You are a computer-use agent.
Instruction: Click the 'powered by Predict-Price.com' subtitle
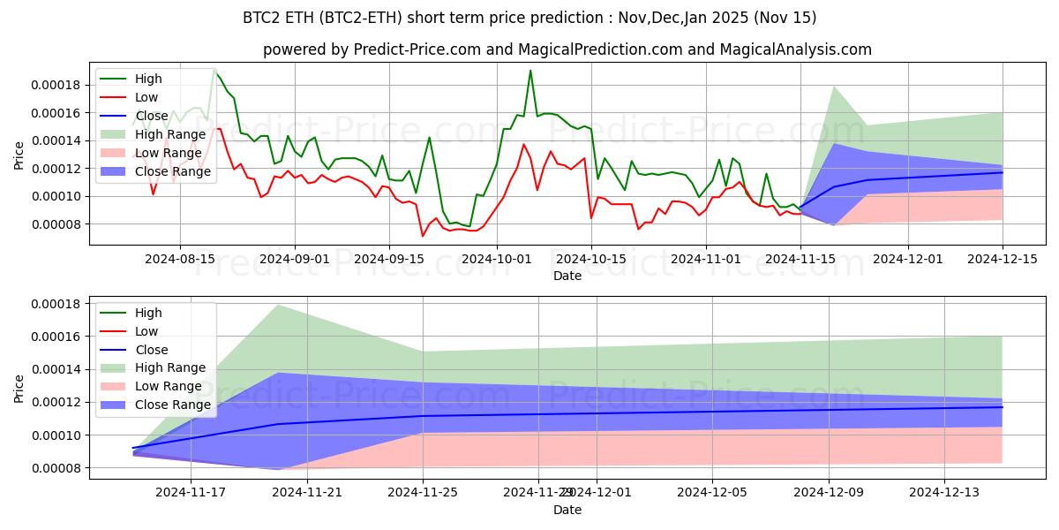567,50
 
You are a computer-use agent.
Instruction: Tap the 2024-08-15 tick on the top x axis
180,259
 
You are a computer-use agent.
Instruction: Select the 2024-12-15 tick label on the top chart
1003,259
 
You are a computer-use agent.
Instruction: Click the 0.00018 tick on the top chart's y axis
56,85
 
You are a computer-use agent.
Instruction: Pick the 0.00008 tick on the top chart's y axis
56,224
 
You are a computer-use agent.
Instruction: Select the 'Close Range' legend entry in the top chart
173,171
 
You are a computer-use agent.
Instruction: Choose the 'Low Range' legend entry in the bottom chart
169,387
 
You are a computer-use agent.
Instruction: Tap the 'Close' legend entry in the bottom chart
152,350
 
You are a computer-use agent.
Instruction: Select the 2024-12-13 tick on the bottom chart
944,493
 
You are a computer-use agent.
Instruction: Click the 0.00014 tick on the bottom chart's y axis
56,369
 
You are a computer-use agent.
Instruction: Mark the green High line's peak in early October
530,71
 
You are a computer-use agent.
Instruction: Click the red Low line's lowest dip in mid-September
423,236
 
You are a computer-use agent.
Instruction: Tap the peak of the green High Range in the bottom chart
278,305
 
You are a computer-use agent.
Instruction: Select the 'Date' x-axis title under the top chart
567,276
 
